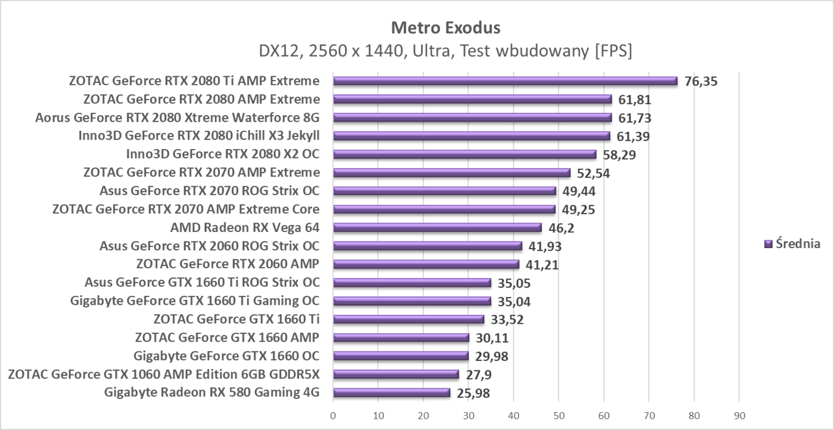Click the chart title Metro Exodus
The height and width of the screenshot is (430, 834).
click(x=445, y=27)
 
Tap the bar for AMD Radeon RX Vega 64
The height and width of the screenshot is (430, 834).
click(x=437, y=228)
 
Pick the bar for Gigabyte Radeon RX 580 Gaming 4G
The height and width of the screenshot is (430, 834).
click(x=391, y=392)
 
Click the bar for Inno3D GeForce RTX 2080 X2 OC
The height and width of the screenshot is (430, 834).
click(x=465, y=154)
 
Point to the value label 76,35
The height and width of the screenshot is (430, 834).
click(x=701, y=82)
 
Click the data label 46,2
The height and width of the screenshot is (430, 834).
click(x=562, y=228)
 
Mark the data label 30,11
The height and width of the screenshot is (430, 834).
click(x=494, y=338)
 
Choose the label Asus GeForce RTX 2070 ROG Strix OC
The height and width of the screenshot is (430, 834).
click(x=210, y=191)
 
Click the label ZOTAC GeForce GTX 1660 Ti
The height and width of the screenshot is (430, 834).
click(x=236, y=319)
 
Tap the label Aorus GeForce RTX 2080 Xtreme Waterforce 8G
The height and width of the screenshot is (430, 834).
click(x=178, y=117)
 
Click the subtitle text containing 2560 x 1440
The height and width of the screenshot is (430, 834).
click(x=445, y=51)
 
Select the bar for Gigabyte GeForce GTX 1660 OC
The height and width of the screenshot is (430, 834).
click(x=401, y=356)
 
